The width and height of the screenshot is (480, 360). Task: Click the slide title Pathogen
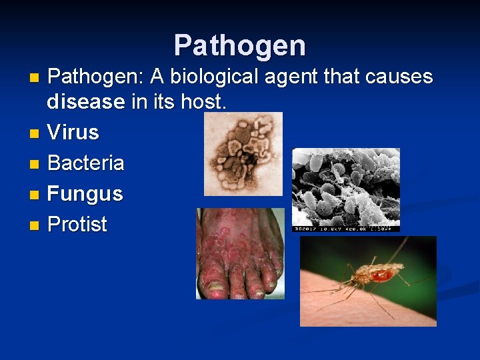point(240,46)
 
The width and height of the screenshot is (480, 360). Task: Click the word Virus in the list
point(73,132)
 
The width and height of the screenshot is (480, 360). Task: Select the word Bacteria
point(86,163)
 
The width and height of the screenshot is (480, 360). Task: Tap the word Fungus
point(85,193)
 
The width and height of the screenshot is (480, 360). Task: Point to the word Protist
point(77,224)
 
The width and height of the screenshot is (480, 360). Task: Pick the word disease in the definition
point(85,102)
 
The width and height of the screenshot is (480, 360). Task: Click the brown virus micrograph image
point(243,153)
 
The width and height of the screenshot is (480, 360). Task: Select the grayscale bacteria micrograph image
point(346,187)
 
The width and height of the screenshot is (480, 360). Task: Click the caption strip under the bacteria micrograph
point(346,229)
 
